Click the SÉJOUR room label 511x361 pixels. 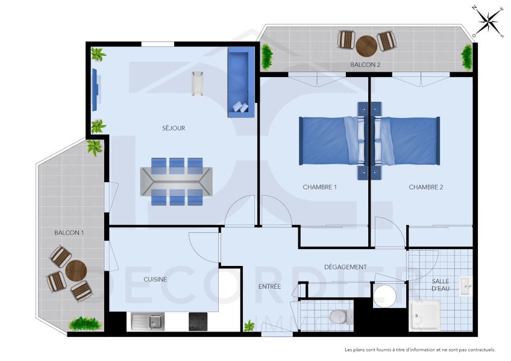[174, 128]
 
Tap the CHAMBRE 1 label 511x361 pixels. [319, 187]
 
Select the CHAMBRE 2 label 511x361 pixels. [426, 187]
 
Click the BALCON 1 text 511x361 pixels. [69, 232]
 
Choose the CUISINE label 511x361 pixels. [155, 279]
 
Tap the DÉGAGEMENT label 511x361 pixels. [345, 267]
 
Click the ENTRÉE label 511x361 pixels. [269, 286]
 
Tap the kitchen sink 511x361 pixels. [148, 321]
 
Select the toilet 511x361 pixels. [339, 316]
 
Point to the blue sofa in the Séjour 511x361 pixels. [240, 83]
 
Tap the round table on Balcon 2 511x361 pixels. [366, 45]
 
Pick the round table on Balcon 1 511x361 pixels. [77, 270]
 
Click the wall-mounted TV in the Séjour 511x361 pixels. [95, 89]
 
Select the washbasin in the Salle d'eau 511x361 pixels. [466, 286]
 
